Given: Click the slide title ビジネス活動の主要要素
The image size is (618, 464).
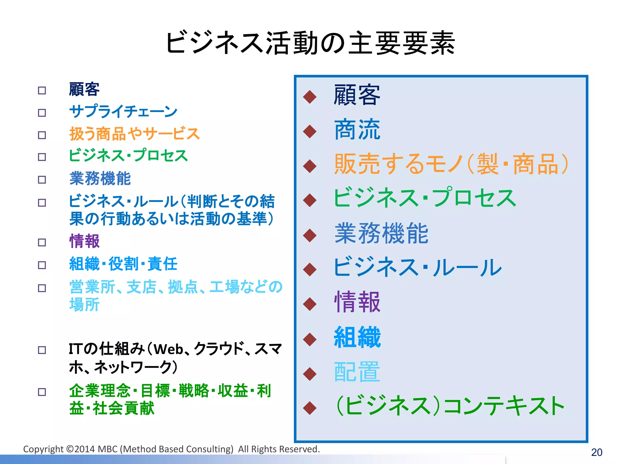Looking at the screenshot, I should pos(310,43).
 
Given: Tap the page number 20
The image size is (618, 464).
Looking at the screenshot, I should pos(597,452).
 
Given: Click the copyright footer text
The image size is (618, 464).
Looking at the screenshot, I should pos(171,449).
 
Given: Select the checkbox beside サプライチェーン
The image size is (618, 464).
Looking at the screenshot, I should pos(42,113).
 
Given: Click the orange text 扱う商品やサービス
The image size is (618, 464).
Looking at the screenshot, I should pos(134,134).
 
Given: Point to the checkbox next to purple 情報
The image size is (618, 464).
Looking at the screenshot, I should pos(42,242).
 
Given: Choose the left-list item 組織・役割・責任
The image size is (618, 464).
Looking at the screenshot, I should pos(123,264).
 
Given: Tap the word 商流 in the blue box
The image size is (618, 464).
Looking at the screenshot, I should pos(357,130).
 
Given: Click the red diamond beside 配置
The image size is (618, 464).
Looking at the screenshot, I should pos(310,374).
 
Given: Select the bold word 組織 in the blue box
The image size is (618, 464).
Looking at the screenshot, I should pos(357,337).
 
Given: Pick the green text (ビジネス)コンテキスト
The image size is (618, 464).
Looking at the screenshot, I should pos(450,406).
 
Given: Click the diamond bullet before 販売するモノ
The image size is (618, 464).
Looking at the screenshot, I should pos(310,166).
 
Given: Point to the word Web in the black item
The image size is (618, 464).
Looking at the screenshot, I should pos(168,350).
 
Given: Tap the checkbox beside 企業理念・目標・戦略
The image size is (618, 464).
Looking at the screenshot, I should pos(42,392).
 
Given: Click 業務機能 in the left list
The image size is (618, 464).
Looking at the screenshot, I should pos(100,178).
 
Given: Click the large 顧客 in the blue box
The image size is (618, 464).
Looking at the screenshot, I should pos(357,95).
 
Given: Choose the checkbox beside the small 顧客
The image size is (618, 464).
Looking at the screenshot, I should pos(42,90).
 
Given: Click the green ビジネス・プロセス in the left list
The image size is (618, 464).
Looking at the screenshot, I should pos(128,156).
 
